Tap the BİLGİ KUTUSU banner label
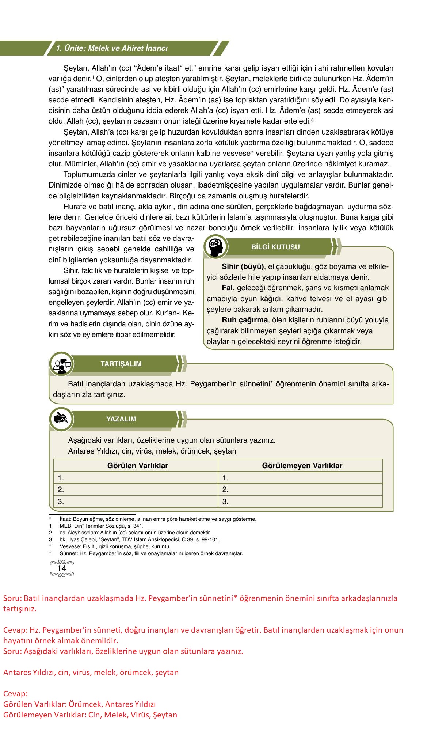pyautogui.click(x=275, y=247)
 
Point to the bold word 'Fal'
pyautogui.click(x=227, y=288)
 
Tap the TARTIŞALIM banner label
pyautogui.click(x=121, y=364)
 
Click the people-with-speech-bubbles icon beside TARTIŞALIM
pyautogui.click(x=61, y=364)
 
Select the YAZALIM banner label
pyautogui.click(x=121, y=419)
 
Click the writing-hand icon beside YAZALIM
pyautogui.click(x=61, y=419)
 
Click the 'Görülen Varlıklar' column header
pyautogui.click(x=137, y=466)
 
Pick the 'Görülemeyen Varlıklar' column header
pyautogui.click(x=302, y=466)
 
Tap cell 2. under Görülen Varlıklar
pyautogui.click(x=135, y=489)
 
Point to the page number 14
pyautogui.click(x=62, y=568)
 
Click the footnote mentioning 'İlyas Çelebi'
pyautogui.click(x=139, y=539)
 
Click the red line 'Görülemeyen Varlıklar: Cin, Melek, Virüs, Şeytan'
pyautogui.click(x=90, y=715)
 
